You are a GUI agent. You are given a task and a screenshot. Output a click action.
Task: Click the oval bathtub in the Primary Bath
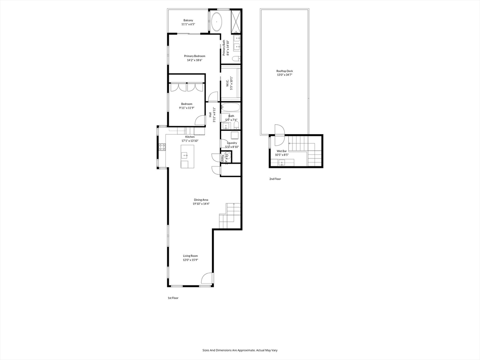point(217,22)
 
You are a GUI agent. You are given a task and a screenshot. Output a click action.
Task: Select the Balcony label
point(188,20)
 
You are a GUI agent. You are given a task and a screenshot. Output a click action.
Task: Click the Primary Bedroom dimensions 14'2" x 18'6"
point(195,60)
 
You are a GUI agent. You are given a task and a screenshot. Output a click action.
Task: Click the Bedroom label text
point(187,104)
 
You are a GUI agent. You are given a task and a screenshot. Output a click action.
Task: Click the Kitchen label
point(190,137)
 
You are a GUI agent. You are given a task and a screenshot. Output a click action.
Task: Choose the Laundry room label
point(232,143)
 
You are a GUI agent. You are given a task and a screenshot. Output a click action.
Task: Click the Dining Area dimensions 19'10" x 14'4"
point(202,204)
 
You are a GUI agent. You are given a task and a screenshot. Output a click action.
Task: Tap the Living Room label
point(190,256)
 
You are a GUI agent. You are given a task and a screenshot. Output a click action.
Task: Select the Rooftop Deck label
point(285,71)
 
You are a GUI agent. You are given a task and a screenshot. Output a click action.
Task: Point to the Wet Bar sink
point(282,162)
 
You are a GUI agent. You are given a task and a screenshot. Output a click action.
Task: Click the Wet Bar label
point(281,151)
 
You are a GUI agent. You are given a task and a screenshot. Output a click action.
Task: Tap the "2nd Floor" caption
point(275,179)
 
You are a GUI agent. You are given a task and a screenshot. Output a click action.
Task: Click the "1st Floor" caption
point(173,298)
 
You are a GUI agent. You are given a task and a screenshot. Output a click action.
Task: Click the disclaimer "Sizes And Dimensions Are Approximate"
point(240,350)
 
